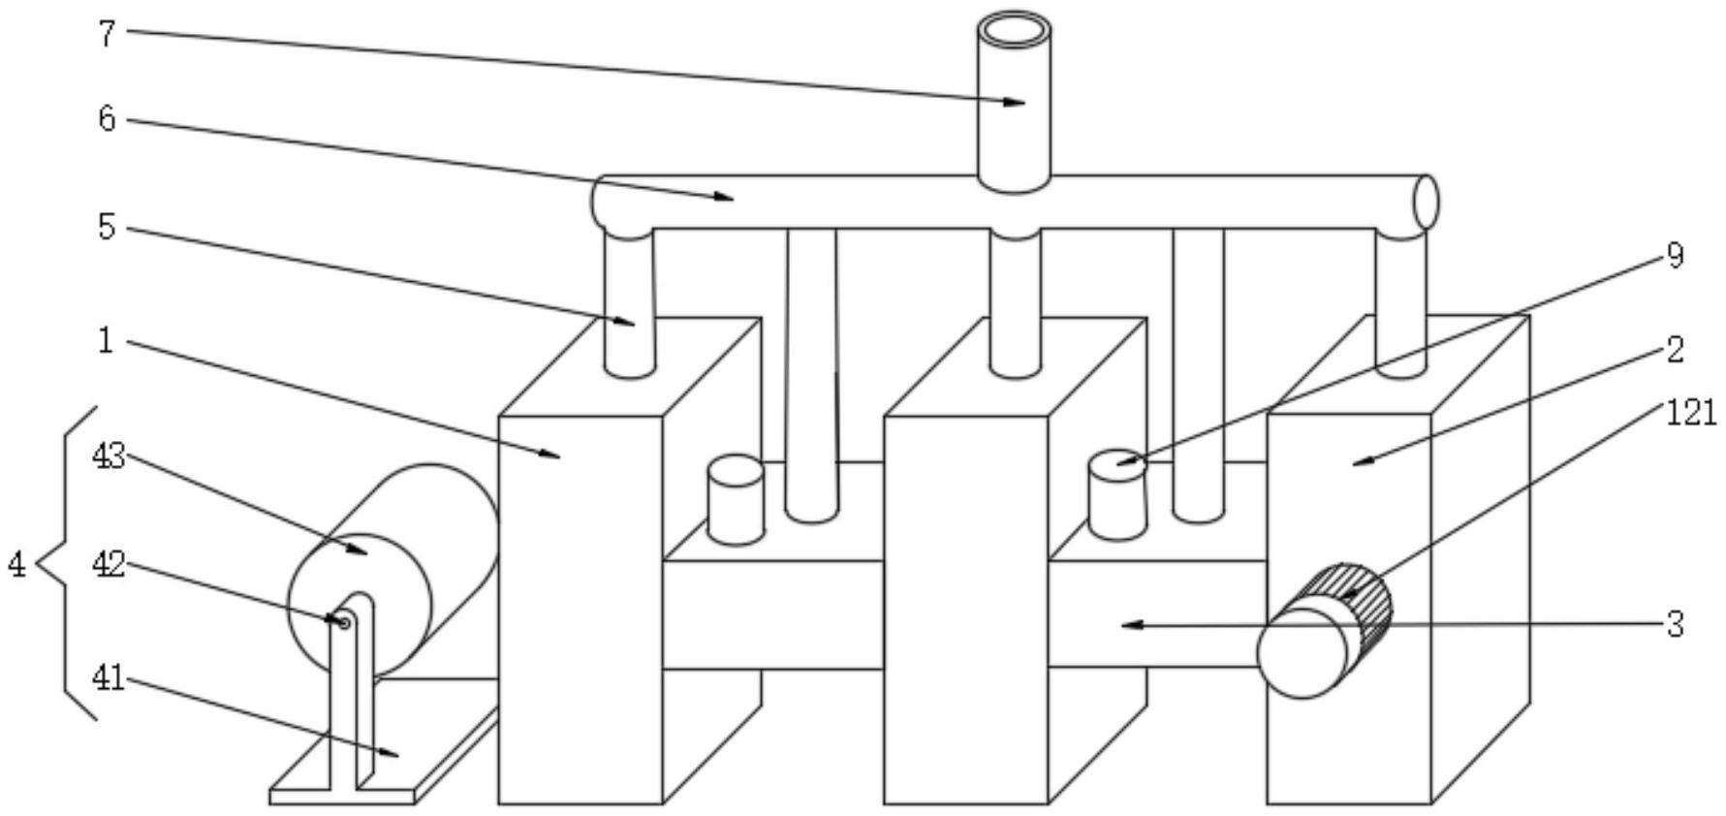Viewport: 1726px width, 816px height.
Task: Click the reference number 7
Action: click(107, 34)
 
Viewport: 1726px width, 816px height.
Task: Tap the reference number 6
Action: click(107, 119)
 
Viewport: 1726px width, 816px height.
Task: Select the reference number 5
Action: click(107, 228)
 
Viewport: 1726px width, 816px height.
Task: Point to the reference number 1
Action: click(107, 341)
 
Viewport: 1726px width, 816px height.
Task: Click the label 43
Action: click(109, 455)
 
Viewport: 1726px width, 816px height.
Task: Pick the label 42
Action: click(109, 565)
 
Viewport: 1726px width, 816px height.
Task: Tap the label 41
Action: click(109, 677)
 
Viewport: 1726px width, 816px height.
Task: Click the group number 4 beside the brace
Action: click(17, 564)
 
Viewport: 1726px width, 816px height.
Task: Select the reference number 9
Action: click(1675, 256)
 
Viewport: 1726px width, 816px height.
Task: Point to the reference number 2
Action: click(1676, 349)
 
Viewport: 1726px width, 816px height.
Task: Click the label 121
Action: click(1691, 414)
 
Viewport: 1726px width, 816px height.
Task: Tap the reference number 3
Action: click(1676, 624)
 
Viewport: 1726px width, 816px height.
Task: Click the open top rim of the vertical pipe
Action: click(1014, 31)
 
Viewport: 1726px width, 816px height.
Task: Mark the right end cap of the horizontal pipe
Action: click(1426, 203)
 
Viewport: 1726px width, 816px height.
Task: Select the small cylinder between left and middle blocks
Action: click(736, 499)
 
